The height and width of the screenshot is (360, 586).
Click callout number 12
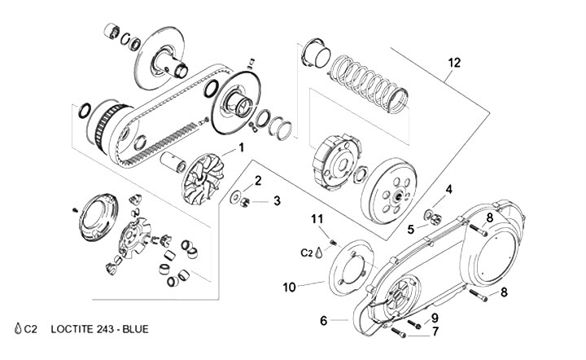(454, 63)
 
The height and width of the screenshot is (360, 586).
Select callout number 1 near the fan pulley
(242, 147)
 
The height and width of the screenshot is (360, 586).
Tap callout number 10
(289, 287)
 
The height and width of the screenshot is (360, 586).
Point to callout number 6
(324, 320)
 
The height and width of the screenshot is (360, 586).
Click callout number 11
(317, 219)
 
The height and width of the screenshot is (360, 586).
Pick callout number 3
(277, 200)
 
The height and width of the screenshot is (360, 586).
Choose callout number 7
(435, 331)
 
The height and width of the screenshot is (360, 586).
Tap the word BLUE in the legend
(136, 329)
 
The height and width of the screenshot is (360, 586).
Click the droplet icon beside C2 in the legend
(18, 328)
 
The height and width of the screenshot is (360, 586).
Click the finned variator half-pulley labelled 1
(203, 180)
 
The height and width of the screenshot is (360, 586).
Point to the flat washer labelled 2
(235, 197)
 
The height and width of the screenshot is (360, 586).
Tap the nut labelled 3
(245, 202)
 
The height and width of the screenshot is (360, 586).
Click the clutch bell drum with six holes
(389, 191)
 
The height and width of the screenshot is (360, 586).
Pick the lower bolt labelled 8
(479, 296)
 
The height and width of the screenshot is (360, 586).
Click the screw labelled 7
(398, 332)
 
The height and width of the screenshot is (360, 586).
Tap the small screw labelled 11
(333, 242)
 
